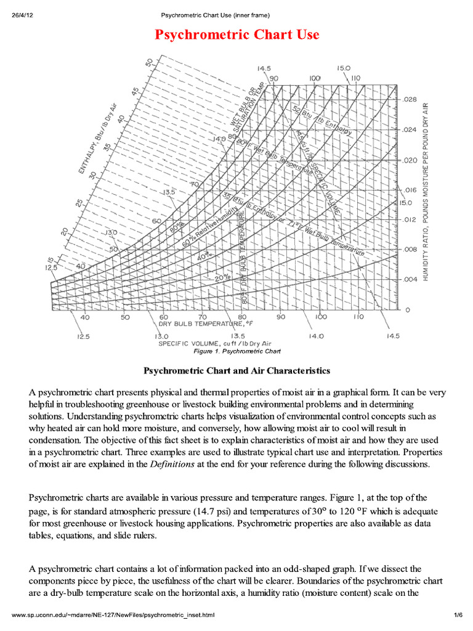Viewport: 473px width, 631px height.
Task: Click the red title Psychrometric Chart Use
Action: coord(237,35)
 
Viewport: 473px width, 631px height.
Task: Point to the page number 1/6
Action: coord(458,615)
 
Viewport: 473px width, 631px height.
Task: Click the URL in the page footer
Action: coord(113,615)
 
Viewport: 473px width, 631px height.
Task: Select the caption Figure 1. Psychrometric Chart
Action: coord(237,351)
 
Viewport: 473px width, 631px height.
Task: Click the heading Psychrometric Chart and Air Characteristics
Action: coord(237,370)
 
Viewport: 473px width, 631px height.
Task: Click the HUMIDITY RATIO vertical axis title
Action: coord(425,192)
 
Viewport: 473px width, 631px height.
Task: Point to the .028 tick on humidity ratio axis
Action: coord(410,99)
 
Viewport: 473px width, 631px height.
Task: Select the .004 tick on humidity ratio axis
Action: coord(410,279)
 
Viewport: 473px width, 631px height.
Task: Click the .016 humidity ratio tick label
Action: coord(410,190)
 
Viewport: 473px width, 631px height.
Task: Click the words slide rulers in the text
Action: coord(126,535)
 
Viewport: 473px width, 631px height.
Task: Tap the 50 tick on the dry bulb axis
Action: coord(125,317)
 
